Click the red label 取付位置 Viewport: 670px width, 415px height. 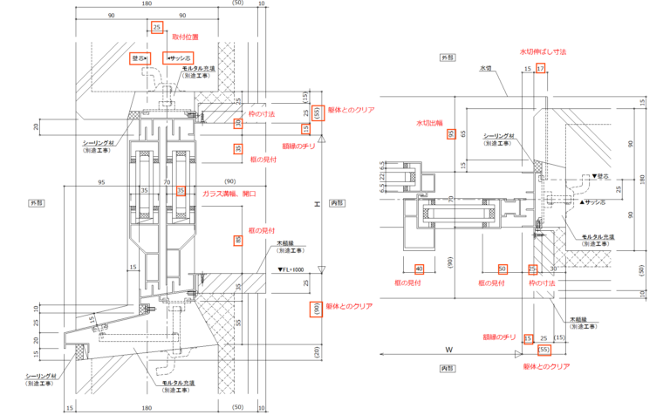[184, 37]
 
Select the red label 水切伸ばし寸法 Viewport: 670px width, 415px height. [543, 53]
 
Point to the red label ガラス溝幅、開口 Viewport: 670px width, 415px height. [229, 192]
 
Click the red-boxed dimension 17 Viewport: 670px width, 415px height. [541, 68]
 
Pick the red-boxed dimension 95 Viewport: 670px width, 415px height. [451, 134]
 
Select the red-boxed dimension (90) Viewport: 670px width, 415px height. [315, 309]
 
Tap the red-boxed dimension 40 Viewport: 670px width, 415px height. [419, 269]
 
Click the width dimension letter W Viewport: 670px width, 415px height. [448, 350]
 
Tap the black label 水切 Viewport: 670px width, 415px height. [486, 67]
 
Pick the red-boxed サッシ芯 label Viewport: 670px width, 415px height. [180, 58]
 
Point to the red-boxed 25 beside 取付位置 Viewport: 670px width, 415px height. [157, 27]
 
